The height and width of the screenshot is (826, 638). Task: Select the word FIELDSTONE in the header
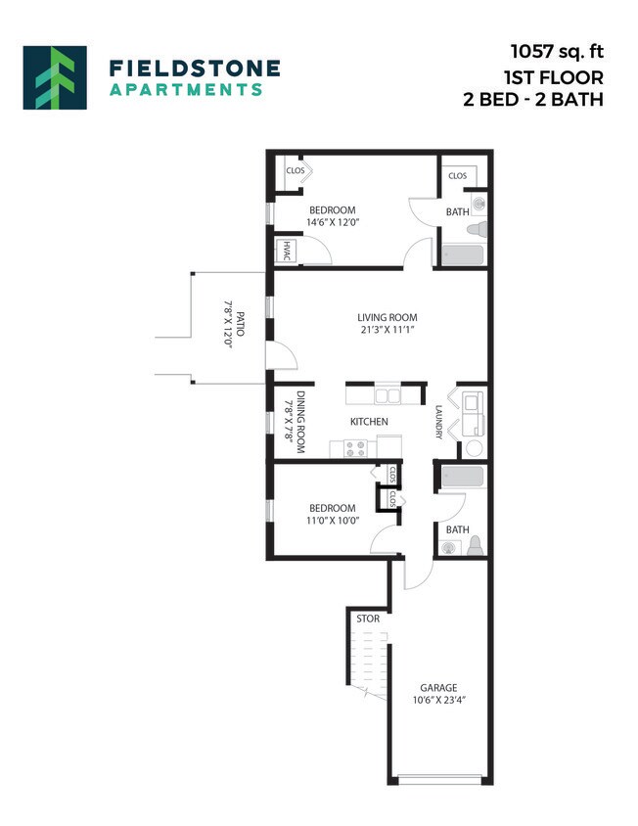click(195, 68)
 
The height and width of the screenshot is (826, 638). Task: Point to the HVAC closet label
click(288, 252)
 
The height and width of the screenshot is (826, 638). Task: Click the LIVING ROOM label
click(387, 317)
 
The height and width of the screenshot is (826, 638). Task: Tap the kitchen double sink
click(387, 396)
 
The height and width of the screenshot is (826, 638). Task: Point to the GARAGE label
click(438, 687)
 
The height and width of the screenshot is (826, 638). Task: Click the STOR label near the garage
click(368, 619)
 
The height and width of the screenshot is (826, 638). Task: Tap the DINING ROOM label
click(302, 422)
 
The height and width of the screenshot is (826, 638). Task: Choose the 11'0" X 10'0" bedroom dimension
click(334, 521)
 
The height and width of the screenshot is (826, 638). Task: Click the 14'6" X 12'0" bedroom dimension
click(333, 223)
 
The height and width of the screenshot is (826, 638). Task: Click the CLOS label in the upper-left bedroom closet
click(295, 170)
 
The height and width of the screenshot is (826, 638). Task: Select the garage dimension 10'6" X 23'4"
click(438, 700)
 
